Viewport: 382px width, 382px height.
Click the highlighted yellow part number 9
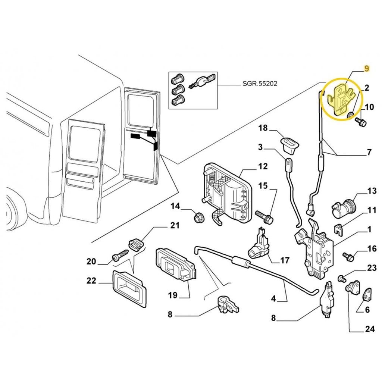(367, 69)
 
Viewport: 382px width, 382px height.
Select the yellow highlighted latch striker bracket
(341, 98)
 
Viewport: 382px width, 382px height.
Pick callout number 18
(263, 128)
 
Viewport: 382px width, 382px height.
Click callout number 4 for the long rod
(273, 298)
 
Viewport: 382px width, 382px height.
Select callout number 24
(369, 329)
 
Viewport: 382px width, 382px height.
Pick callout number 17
(285, 260)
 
